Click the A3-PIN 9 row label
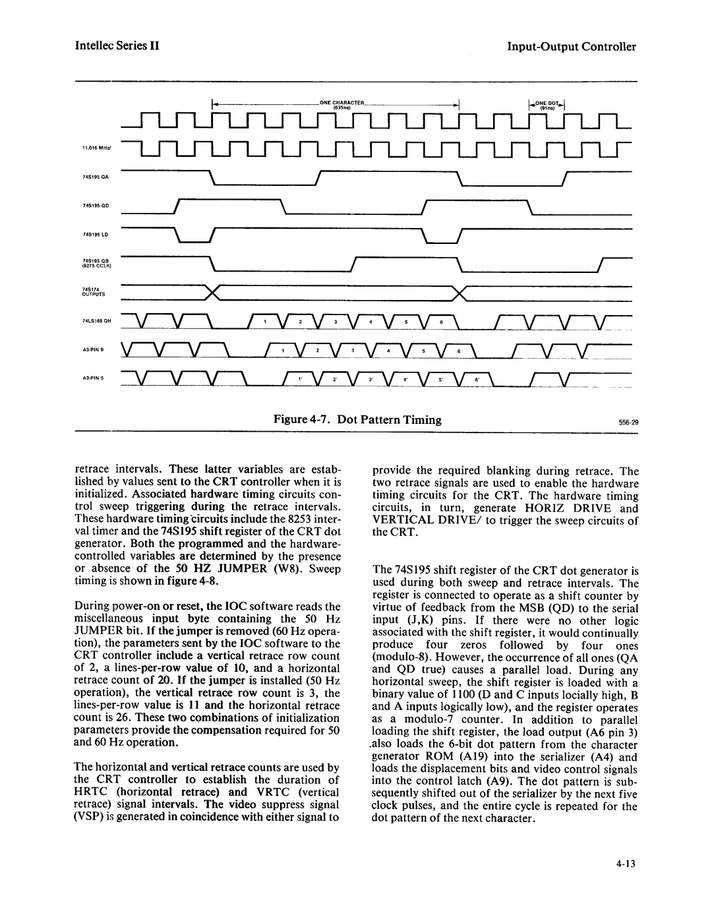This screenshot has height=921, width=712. coord(91,347)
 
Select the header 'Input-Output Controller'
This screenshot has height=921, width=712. coord(572,47)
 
